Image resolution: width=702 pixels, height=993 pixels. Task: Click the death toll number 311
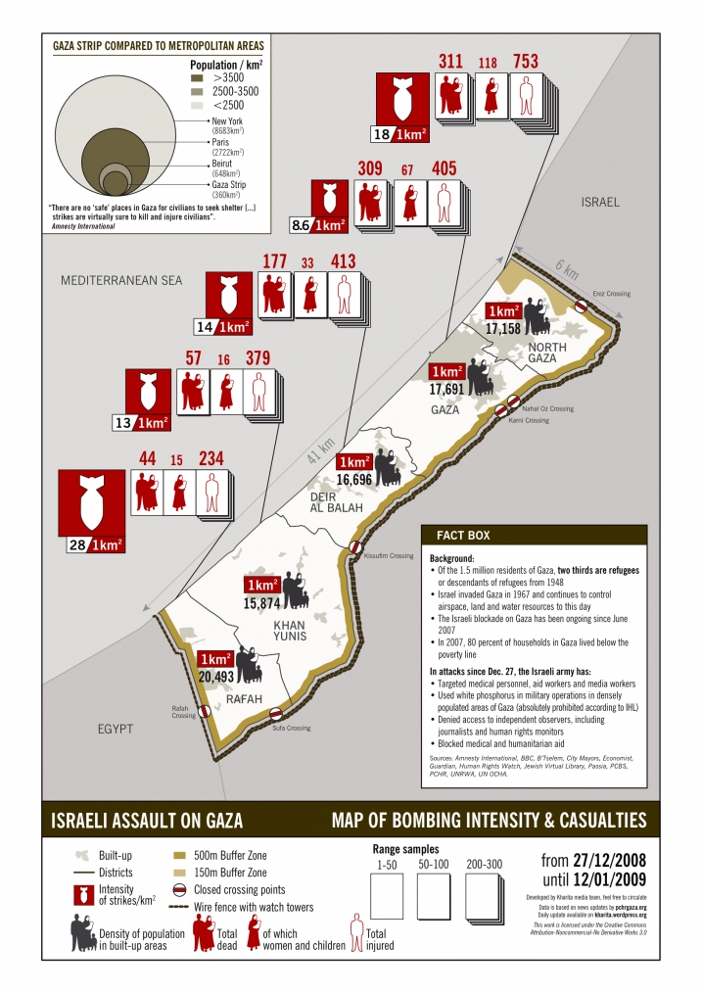coord(451,62)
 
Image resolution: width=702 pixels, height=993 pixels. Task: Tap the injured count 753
coord(526,62)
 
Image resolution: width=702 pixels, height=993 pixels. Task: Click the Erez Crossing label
coord(611,294)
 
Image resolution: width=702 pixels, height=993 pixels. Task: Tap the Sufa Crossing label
coord(291,729)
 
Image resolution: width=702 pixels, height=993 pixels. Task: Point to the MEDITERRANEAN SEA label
coord(121,280)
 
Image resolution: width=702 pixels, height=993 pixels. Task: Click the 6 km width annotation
coord(567,267)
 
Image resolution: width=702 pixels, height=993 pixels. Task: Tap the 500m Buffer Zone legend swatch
coord(178,855)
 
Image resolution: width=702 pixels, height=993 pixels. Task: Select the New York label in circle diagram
coord(226,120)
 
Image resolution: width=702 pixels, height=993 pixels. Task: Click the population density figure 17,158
coord(502,328)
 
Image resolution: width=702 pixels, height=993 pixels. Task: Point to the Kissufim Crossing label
coord(389,555)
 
